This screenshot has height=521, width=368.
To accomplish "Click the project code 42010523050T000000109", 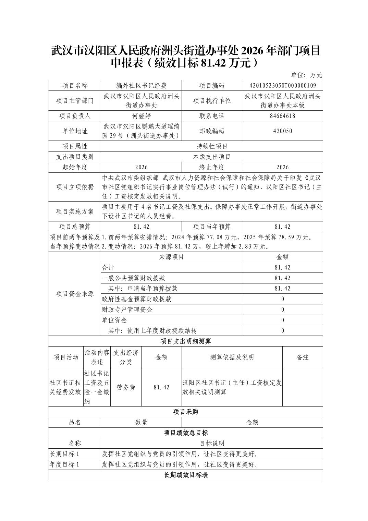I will (282, 86).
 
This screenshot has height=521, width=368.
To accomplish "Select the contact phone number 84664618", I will (282, 116).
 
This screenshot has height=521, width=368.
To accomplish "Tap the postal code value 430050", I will (282, 131).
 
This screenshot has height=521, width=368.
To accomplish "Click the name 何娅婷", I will (141, 116).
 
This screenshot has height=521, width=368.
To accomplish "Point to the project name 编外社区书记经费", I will (141, 86).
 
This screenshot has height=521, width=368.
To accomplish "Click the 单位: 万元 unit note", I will (306, 75).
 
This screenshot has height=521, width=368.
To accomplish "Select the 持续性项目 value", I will (212, 146).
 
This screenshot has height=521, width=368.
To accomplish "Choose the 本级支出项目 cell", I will (212, 157).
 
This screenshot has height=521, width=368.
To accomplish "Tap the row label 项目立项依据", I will (75, 187).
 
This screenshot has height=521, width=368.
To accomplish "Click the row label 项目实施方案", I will (75, 211).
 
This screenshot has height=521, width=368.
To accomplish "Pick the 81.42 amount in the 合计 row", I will (282, 268).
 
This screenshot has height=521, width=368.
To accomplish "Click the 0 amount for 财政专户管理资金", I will (282, 310).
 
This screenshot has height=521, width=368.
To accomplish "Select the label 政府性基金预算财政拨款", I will (137, 299).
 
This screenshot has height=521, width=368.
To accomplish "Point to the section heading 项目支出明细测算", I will (186, 341).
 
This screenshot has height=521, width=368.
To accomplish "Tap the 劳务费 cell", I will (126, 387).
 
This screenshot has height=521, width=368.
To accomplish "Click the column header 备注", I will (303, 357).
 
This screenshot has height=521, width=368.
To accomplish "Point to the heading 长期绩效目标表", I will (186, 475).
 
